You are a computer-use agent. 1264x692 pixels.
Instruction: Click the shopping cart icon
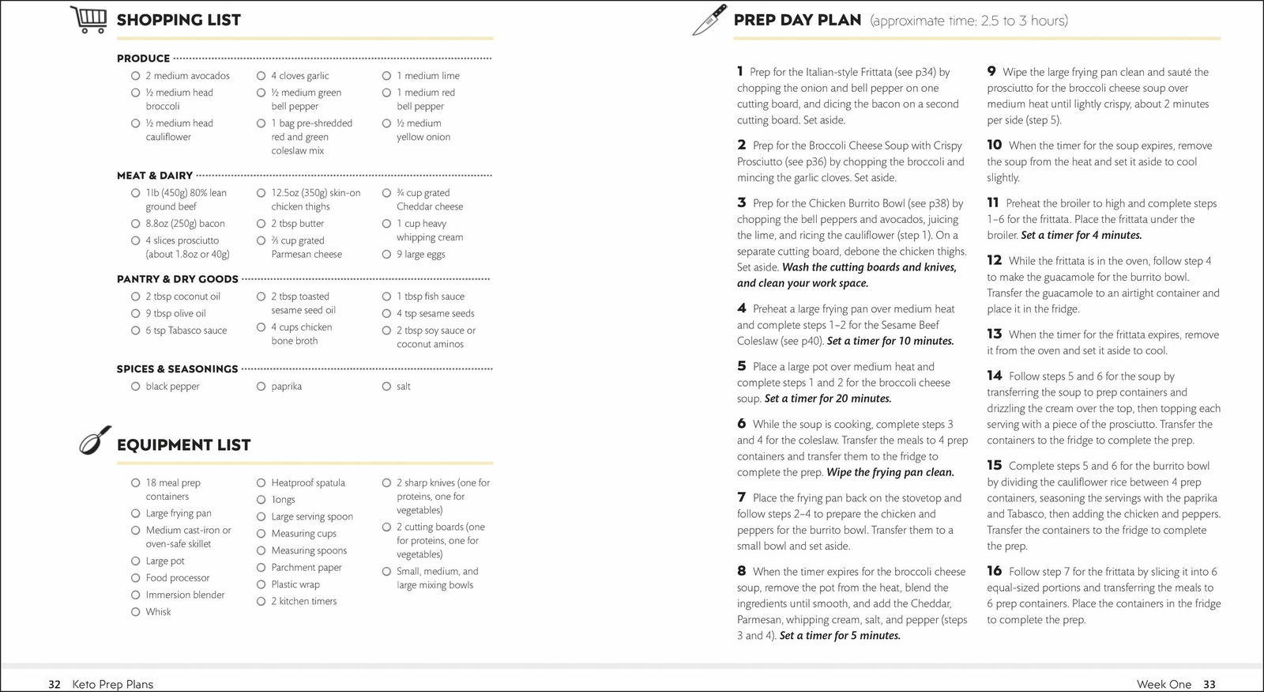click(x=88, y=19)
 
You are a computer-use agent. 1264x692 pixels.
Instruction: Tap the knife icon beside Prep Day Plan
click(x=709, y=20)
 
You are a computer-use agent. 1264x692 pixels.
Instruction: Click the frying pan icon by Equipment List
click(x=95, y=441)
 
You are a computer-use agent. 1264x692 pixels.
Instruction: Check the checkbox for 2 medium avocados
click(x=136, y=76)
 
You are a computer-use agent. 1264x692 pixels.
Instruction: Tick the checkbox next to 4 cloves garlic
click(x=261, y=76)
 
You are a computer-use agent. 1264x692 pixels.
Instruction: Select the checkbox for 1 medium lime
click(x=386, y=76)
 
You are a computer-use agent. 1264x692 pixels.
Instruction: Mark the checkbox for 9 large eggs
click(x=386, y=255)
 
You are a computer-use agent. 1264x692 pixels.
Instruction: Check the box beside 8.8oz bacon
click(x=136, y=224)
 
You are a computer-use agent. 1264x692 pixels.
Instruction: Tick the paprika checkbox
click(x=261, y=387)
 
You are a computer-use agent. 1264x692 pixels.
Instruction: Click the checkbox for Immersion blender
click(x=136, y=595)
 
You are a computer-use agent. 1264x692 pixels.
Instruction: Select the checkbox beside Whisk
click(x=136, y=612)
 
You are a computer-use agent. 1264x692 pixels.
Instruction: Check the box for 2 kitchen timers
click(x=261, y=602)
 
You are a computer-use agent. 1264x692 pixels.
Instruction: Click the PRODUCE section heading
click(x=143, y=59)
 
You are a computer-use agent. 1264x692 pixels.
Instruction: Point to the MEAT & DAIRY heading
click(x=155, y=176)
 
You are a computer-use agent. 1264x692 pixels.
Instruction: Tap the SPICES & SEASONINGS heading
click(x=177, y=369)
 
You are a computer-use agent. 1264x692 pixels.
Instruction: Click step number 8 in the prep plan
click(x=742, y=571)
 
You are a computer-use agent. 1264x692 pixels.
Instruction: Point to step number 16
click(x=994, y=571)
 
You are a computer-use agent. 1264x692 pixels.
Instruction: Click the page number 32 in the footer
click(x=55, y=684)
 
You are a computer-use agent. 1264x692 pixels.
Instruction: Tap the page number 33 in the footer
click(x=1209, y=684)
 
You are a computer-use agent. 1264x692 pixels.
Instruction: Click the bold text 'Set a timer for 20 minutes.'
click(x=828, y=399)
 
